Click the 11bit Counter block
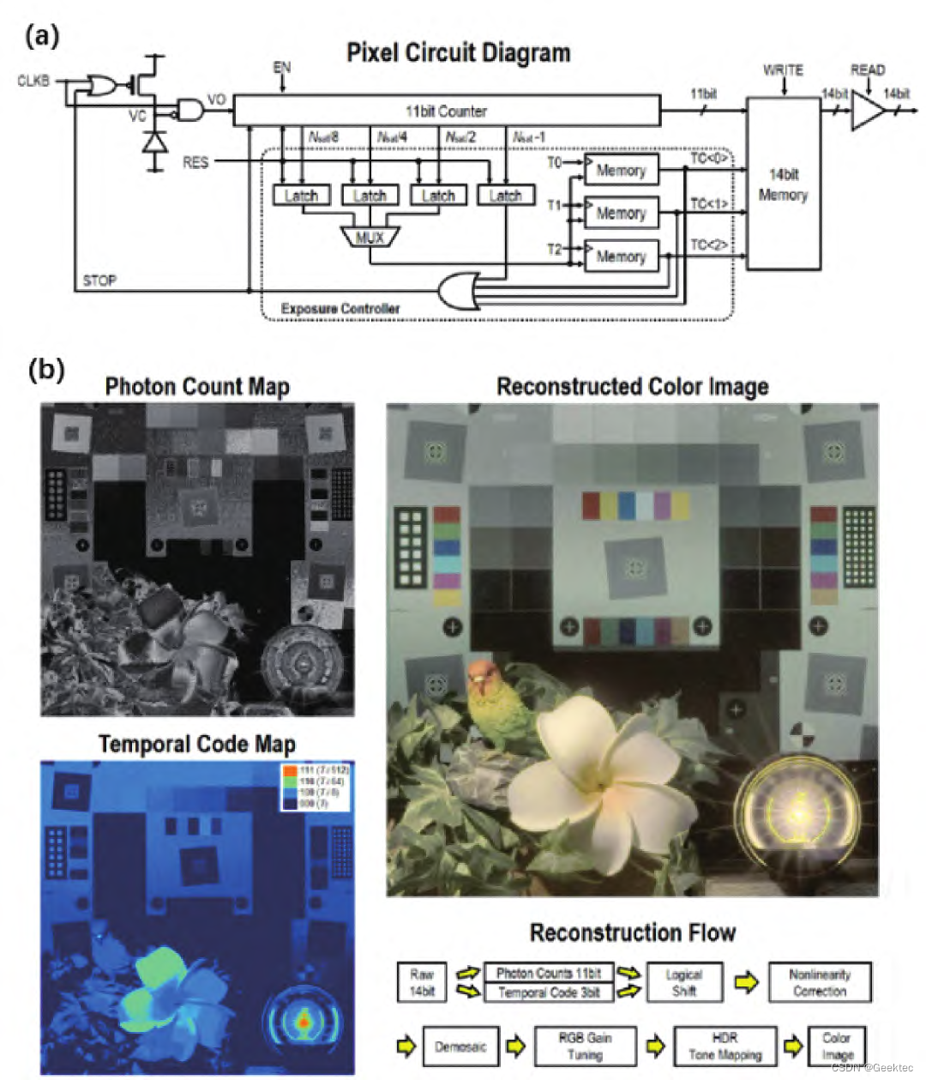click(x=447, y=111)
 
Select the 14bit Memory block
click(x=783, y=184)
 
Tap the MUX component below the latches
click(x=370, y=237)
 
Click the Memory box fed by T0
click(x=621, y=170)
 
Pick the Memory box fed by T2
click(x=621, y=256)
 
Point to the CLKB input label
click(x=33, y=81)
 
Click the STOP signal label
click(x=99, y=281)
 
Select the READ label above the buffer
click(x=867, y=69)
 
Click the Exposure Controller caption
click(x=340, y=308)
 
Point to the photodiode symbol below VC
click(x=154, y=142)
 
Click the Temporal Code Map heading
click(x=196, y=744)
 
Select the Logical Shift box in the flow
click(x=683, y=982)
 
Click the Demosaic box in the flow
click(x=460, y=1047)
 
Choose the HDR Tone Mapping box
click(x=725, y=1047)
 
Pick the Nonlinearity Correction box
click(x=819, y=982)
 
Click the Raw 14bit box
click(x=422, y=982)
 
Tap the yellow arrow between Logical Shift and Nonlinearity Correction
click(x=746, y=982)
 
